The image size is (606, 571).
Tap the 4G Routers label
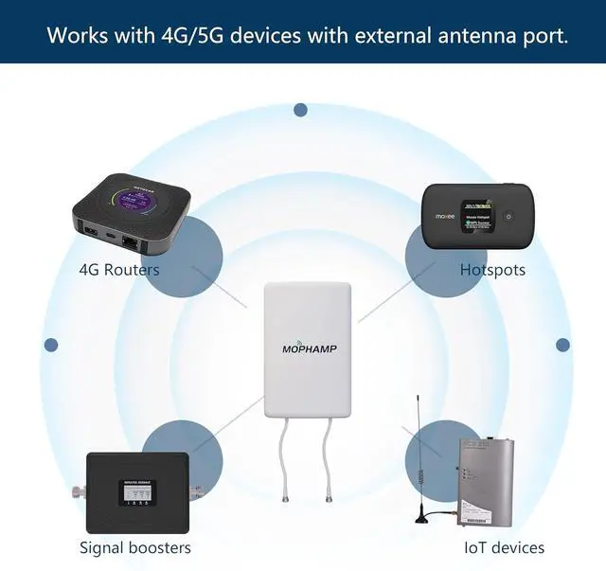119,270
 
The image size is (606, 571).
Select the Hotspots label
492,270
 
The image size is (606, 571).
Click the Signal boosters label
135,547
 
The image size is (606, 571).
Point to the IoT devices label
504,547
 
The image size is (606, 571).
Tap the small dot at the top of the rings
300,110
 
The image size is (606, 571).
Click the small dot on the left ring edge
51,346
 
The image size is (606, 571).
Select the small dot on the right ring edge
562,346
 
